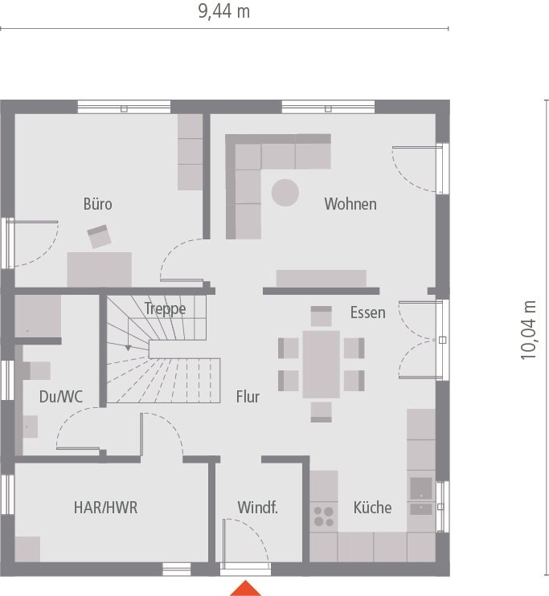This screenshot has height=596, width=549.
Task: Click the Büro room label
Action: [x=98, y=204]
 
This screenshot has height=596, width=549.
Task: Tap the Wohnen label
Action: [x=350, y=204]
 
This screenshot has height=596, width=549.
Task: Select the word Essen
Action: [x=367, y=312]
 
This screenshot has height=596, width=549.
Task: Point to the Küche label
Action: [x=372, y=508]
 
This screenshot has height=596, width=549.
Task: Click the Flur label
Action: [x=248, y=397]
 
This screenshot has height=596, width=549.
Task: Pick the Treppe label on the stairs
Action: [x=166, y=308]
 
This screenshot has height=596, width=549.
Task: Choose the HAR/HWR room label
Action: [x=105, y=508]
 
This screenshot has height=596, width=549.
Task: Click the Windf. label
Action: [x=257, y=508]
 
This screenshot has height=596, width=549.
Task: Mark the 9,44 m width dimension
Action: [x=223, y=12]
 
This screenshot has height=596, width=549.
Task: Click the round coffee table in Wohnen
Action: [x=285, y=193]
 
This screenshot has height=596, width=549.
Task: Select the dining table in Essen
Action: [x=321, y=364]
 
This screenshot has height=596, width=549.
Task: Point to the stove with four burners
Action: [x=324, y=516]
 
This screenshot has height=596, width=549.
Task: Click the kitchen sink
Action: [x=420, y=488]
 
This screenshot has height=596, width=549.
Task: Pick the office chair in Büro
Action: [x=100, y=236]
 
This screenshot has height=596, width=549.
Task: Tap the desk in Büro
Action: [x=100, y=268]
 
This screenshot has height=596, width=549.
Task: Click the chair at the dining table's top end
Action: [x=321, y=316]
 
